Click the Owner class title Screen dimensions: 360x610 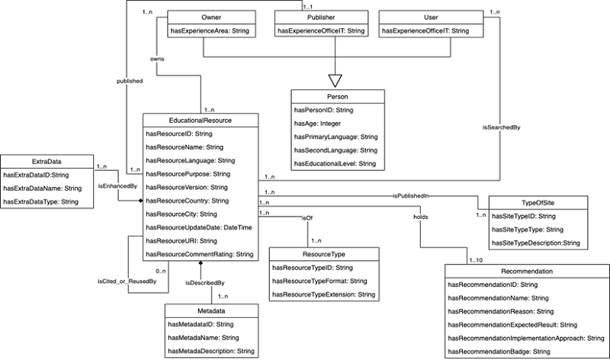202,16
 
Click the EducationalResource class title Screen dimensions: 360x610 199,120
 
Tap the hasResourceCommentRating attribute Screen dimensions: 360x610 199,254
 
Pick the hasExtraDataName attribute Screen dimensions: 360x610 43,188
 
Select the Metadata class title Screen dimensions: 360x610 210,311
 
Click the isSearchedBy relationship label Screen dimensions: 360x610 502,128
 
